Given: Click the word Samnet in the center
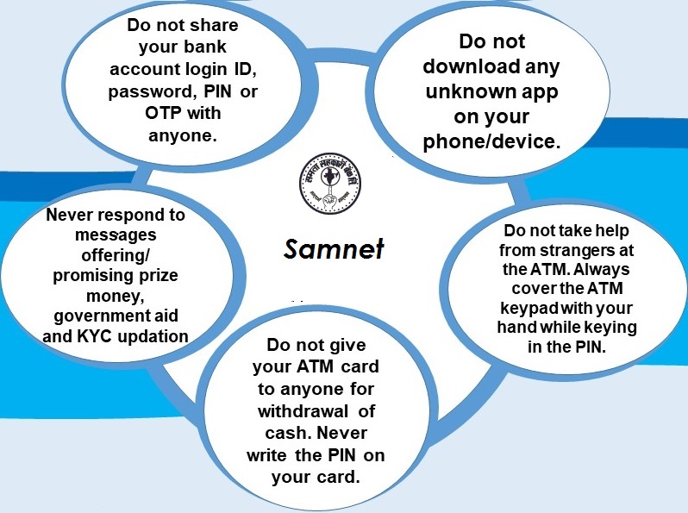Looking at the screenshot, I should (x=334, y=249).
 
